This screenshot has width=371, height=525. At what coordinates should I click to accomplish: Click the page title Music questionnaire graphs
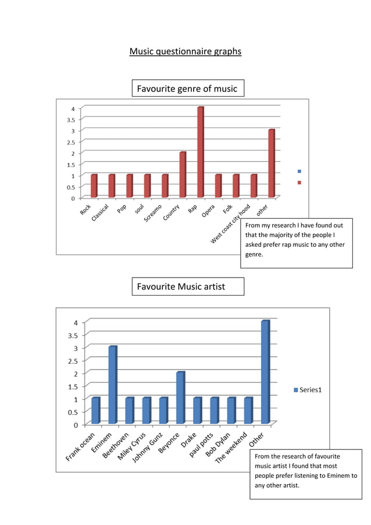tap(185, 52)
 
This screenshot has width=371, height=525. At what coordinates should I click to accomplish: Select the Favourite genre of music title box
tap(187, 88)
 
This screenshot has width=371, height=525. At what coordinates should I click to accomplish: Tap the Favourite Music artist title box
tap(187, 286)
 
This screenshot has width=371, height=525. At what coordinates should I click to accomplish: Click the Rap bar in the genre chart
tap(201, 152)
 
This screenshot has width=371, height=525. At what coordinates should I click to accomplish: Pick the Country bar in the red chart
tap(183, 175)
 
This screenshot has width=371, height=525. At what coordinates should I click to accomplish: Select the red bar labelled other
tap(272, 164)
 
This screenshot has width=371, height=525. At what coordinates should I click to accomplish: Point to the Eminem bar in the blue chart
tap(113, 385)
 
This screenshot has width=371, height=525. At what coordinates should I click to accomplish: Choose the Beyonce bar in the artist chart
tap(180, 398)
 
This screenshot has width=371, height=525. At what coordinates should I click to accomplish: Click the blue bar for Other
tap(266, 372)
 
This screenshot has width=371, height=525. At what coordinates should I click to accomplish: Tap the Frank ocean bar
tap(96, 410)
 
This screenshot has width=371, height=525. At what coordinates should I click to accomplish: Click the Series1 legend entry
tap(308, 390)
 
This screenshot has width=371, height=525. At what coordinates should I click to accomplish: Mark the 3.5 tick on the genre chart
tap(69, 119)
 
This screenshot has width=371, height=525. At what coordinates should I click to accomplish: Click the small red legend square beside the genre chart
tap(299, 182)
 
